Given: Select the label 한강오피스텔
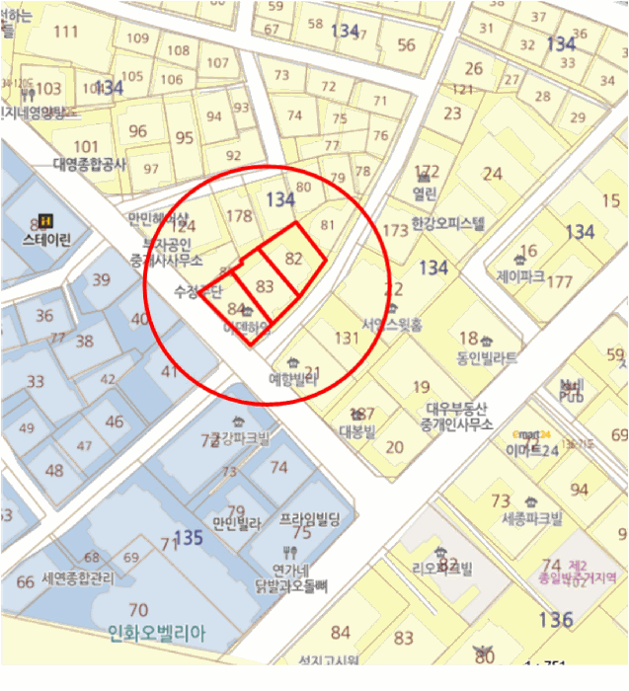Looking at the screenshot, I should [x=447, y=223].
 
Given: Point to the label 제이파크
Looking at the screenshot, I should [x=520, y=276].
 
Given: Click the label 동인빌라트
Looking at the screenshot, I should [x=486, y=358].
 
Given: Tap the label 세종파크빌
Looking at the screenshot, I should [x=530, y=519].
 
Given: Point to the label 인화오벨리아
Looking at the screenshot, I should [x=157, y=635].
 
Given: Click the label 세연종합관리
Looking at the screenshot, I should [x=78, y=579].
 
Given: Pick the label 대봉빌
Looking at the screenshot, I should [x=356, y=431].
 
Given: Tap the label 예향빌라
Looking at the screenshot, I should [x=293, y=377].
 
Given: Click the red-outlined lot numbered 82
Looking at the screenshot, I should [x=293, y=259].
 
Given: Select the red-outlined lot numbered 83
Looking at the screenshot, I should [x=264, y=285].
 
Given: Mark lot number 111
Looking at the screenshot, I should [x=66, y=31].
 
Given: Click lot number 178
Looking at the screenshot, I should [x=240, y=216].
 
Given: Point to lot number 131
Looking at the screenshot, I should [x=346, y=338].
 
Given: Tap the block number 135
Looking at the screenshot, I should [x=188, y=538].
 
